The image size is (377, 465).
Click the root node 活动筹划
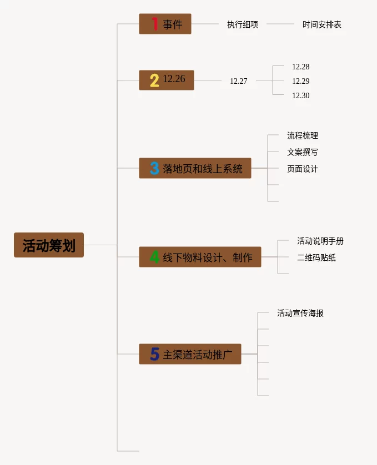point(49,245)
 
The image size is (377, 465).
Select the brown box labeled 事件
point(165,24)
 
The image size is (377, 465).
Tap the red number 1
point(155,24)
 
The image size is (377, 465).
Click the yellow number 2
point(154,80)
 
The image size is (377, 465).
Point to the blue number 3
point(154,168)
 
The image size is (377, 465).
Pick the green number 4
point(154,257)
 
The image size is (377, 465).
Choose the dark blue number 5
point(154,354)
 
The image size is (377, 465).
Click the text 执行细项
point(243,24)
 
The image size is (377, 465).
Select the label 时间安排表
point(322,24)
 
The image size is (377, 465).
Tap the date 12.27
point(239,81)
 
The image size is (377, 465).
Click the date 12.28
point(301,67)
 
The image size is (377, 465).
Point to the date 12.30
point(301,95)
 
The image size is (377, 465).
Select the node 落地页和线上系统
point(195,168)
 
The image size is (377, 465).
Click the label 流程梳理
point(303,135)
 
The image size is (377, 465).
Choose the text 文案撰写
point(303,152)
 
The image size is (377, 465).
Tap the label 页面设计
point(303,169)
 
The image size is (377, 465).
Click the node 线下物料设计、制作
point(200,257)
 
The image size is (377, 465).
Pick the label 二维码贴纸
point(316,257)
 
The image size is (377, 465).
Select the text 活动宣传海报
point(300,313)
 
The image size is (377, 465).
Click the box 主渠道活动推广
point(190,354)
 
